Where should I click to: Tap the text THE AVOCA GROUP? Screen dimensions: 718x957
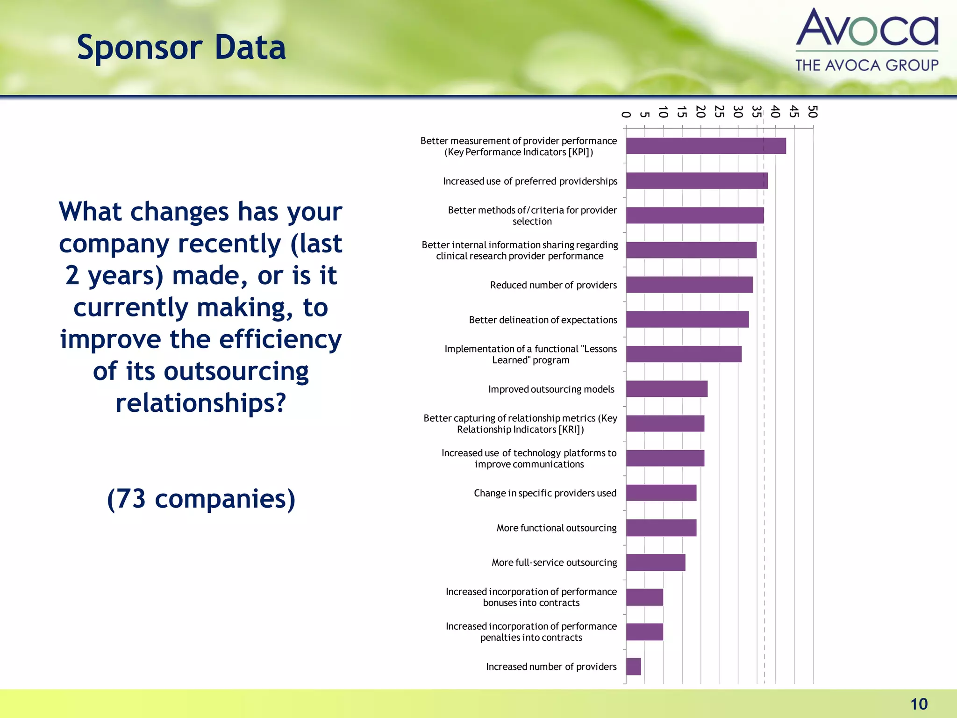pyautogui.click(x=867, y=65)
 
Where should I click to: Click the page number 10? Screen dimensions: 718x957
pyautogui.click(x=919, y=704)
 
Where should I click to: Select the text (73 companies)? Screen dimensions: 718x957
pyautogui.click(x=201, y=499)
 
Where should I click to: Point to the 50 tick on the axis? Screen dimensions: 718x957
pyautogui.click(x=813, y=112)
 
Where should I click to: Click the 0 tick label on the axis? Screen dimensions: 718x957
pyautogui.click(x=626, y=115)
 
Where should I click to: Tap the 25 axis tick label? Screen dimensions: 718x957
pyautogui.click(x=720, y=112)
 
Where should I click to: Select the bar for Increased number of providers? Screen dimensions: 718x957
pyautogui.click(x=634, y=667)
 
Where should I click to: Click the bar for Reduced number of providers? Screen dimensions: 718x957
pyautogui.click(x=689, y=285)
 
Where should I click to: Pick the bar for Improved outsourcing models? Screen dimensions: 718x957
pyautogui.click(x=667, y=389)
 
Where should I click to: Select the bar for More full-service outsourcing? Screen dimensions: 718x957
pyautogui.click(x=656, y=562)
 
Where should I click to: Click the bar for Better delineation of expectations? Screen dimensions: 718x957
pyautogui.click(x=687, y=320)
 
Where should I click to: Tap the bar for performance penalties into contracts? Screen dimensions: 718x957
pyautogui.click(x=644, y=632)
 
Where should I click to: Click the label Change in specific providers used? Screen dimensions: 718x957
pyautogui.click(x=545, y=493)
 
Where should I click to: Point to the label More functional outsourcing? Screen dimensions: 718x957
pyautogui.click(x=556, y=528)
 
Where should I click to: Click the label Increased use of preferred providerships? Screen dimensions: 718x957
pyautogui.click(x=530, y=181)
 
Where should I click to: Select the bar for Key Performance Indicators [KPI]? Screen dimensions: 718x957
pyautogui.click(x=706, y=146)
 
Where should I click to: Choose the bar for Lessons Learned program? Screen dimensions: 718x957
pyautogui.click(x=684, y=354)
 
